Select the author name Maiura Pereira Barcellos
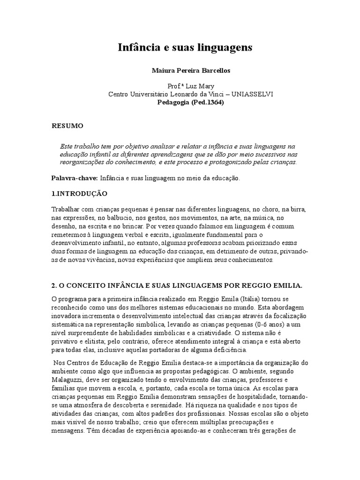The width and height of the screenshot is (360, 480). (184, 70)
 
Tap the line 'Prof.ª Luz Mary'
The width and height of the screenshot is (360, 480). (184, 87)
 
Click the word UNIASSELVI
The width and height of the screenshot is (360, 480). (253, 94)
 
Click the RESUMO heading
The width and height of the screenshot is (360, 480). (67, 126)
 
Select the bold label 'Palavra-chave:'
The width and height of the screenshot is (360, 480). (74, 179)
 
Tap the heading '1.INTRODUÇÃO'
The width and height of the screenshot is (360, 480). (79, 193)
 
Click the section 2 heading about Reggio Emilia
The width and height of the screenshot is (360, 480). (176, 286)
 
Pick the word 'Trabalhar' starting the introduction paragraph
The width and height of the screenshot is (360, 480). (66, 209)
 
